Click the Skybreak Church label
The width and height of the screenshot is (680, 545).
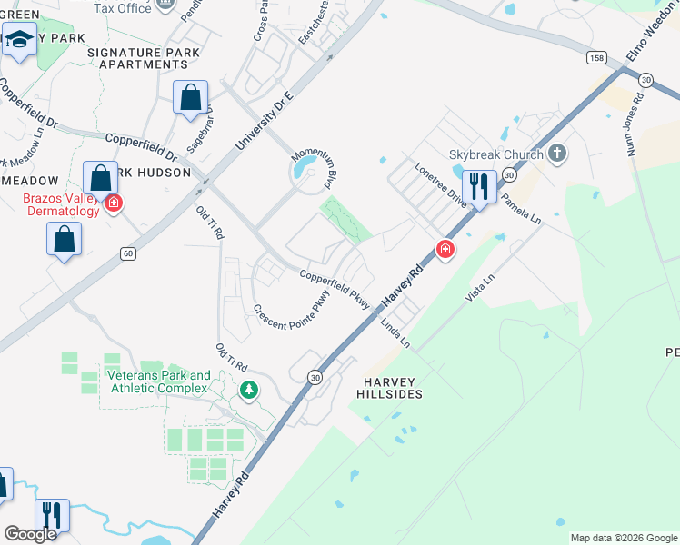[496, 154]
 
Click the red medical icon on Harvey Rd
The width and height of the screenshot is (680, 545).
[445, 248]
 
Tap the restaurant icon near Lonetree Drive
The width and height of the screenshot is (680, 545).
[479, 187]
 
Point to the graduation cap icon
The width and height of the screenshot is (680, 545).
[18, 41]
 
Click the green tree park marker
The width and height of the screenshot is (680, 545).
[248, 391]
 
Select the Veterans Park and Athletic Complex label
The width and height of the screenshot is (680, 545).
[158, 382]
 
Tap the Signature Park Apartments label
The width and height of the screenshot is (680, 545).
[138, 58]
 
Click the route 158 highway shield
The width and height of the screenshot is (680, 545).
[596, 57]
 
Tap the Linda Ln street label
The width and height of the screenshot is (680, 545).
[396, 333]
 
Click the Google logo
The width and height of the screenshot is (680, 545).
[30, 534]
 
